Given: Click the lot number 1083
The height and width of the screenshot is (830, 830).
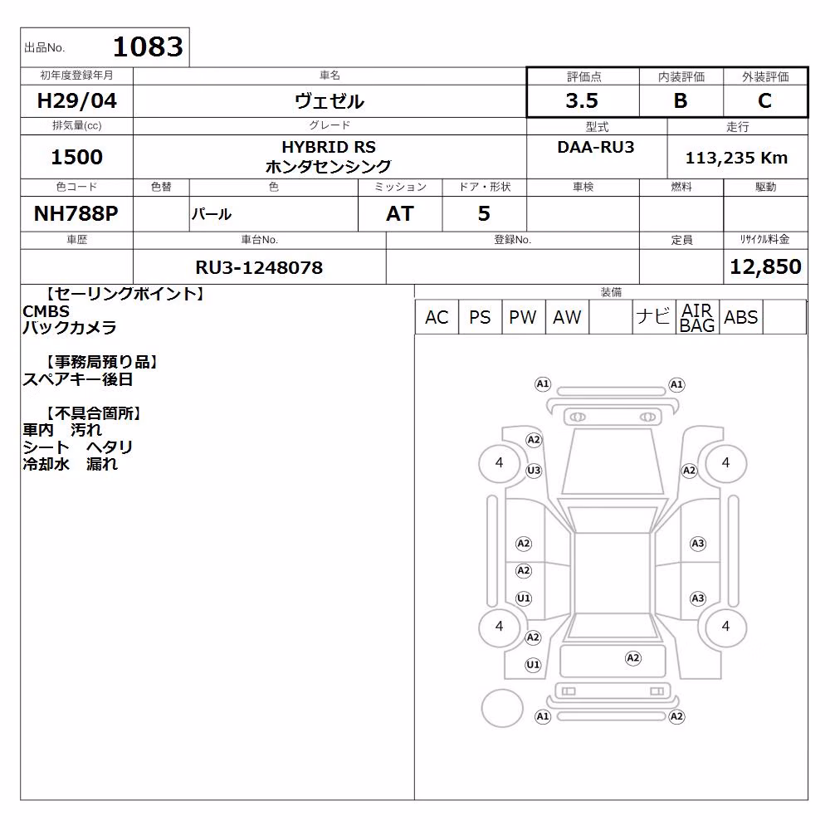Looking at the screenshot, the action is tap(148, 46).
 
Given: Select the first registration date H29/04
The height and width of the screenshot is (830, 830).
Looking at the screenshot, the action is tap(76, 100).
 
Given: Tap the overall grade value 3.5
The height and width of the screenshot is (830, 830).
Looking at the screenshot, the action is tap(582, 100).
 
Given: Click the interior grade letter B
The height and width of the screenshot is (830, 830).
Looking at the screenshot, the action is tap(681, 100).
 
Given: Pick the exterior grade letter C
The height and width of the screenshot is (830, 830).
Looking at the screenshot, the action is tap(764, 100).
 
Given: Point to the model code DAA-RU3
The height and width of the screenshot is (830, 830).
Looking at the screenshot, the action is tap(596, 147).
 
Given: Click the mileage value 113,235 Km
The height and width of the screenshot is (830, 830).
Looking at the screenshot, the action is tap(736, 158).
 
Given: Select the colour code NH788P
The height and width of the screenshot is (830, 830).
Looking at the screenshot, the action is tap(76, 213).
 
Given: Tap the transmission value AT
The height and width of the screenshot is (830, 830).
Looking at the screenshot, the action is tap(400, 213).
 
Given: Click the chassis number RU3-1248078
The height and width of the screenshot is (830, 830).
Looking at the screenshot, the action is tap(259, 267).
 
